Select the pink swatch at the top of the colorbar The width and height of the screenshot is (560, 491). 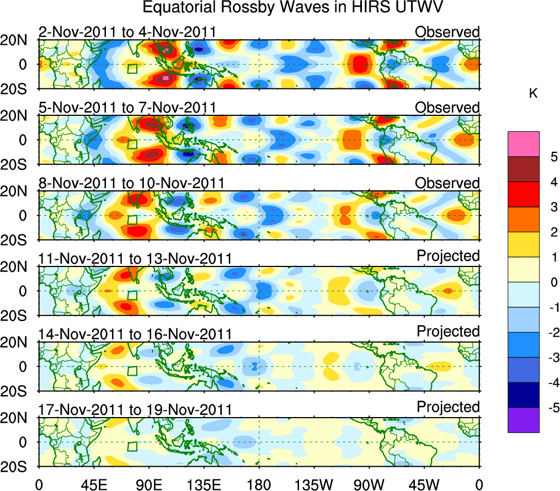(x=524, y=144)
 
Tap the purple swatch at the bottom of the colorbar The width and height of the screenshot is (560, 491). (x=524, y=420)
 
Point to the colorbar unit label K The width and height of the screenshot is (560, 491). (x=533, y=94)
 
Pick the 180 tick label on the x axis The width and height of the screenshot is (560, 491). (x=258, y=484)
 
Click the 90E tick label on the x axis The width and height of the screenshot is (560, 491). (x=148, y=484)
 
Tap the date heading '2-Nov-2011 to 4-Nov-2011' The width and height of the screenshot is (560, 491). (x=127, y=32)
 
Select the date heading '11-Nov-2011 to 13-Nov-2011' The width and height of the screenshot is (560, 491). (x=135, y=258)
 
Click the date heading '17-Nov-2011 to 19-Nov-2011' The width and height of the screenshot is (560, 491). (x=135, y=409)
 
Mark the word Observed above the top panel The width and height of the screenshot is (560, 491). (x=447, y=32)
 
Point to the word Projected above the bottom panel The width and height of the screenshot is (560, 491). (x=448, y=407)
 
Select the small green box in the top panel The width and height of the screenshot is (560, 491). (x=132, y=68)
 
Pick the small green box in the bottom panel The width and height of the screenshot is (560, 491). (x=132, y=446)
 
